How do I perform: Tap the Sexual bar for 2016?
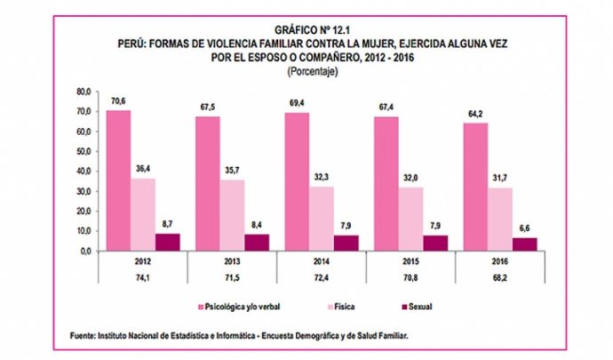[x=524, y=244]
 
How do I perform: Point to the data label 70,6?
[x=118, y=102]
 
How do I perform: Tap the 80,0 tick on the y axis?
[x=84, y=92]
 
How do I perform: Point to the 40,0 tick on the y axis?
[x=84, y=172]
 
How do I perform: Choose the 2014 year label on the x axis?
[x=322, y=263]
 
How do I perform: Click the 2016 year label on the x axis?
[x=499, y=263]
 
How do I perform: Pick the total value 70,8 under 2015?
[x=410, y=279]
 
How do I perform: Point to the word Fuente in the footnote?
[x=87, y=335]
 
